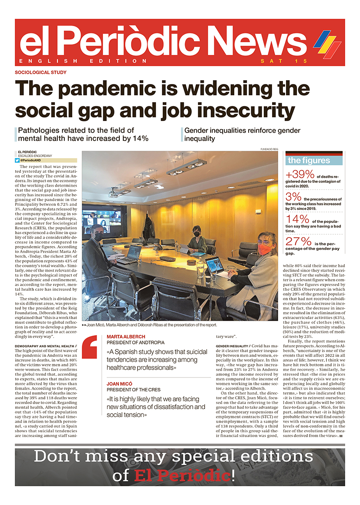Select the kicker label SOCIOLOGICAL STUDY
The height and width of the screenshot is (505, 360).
click(40, 73)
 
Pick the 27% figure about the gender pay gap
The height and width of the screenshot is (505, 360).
click(299, 242)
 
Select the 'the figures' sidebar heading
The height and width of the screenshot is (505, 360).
click(309, 160)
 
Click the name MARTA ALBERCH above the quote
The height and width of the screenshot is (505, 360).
click(126, 337)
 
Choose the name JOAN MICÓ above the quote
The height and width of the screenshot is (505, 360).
click(120, 384)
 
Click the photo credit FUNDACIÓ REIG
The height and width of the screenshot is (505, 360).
click(269, 148)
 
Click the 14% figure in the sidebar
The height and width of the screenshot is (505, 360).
click(299, 219)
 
